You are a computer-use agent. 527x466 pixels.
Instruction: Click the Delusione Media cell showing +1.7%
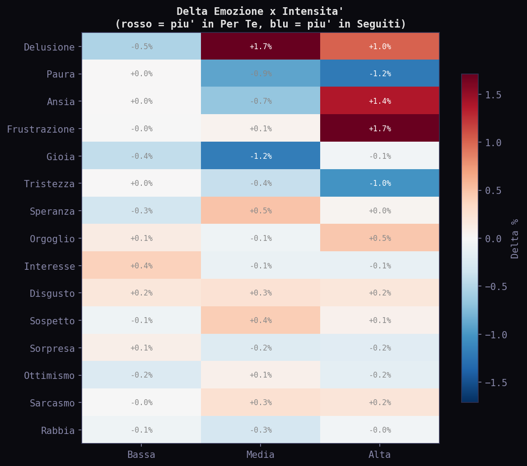point(261,46)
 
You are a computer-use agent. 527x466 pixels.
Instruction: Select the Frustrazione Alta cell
point(379,129)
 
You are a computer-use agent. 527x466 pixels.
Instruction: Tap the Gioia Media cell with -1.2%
point(261,156)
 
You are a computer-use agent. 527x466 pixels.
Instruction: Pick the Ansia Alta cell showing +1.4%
point(379,101)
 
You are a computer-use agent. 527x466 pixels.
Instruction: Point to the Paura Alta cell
point(379,74)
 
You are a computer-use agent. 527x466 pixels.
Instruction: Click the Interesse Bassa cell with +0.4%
point(141,266)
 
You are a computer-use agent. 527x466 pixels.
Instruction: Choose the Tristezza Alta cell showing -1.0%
point(379,183)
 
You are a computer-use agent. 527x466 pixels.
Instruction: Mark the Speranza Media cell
point(261,211)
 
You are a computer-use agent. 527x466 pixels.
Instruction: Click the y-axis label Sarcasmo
point(52,403)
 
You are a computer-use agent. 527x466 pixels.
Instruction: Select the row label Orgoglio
point(52,239)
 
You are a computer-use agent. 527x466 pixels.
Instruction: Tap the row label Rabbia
point(57,430)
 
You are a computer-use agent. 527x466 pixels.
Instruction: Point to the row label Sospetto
point(52,321)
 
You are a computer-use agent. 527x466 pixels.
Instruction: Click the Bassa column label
point(141,455)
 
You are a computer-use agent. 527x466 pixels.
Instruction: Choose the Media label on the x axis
point(261,455)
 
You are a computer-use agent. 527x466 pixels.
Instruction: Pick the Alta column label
point(379,455)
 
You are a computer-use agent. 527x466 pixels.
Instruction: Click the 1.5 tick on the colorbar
point(493,95)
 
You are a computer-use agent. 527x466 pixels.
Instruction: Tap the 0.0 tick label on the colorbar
point(493,238)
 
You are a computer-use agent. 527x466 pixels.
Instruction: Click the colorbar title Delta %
point(515,238)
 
